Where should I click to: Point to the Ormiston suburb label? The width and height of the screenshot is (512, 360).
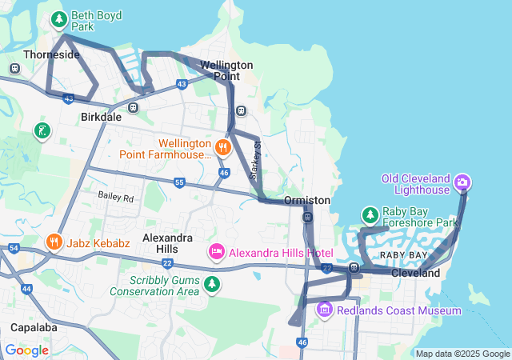click(x=307, y=200)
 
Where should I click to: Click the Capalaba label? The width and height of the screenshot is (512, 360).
click(x=33, y=327)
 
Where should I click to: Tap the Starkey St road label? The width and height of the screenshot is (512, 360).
click(x=258, y=161)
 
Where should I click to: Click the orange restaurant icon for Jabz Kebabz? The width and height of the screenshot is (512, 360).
click(x=54, y=242)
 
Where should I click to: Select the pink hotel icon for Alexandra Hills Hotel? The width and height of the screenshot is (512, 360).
click(x=216, y=253)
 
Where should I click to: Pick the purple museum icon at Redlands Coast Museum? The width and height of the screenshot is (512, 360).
click(x=324, y=310)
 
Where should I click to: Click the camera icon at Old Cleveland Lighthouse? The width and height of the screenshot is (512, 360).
click(x=462, y=183)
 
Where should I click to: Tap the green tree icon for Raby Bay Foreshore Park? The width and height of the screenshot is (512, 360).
click(x=370, y=215)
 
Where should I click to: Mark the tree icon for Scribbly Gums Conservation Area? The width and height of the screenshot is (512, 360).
click(x=212, y=284)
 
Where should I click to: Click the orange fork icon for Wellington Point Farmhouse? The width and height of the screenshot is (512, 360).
click(x=223, y=146)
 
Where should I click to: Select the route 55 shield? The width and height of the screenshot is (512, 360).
click(x=179, y=183)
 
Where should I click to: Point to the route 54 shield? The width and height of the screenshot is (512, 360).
click(x=14, y=249)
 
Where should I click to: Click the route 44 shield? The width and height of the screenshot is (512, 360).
click(x=26, y=288)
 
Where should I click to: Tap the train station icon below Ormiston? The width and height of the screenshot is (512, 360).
click(x=308, y=217)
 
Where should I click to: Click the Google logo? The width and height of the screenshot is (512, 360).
click(x=26, y=350)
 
